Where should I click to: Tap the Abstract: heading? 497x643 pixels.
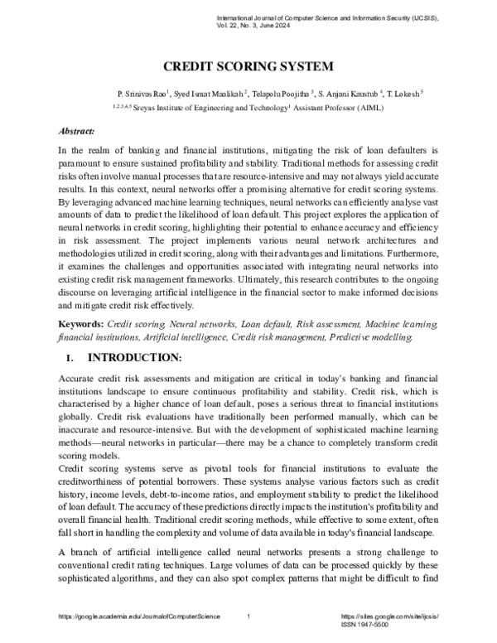pos(76,131)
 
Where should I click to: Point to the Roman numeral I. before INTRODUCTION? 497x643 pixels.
pos(69,358)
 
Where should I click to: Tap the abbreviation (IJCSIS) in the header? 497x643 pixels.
pos(422,17)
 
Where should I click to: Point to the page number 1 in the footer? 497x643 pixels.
pos(249,617)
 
